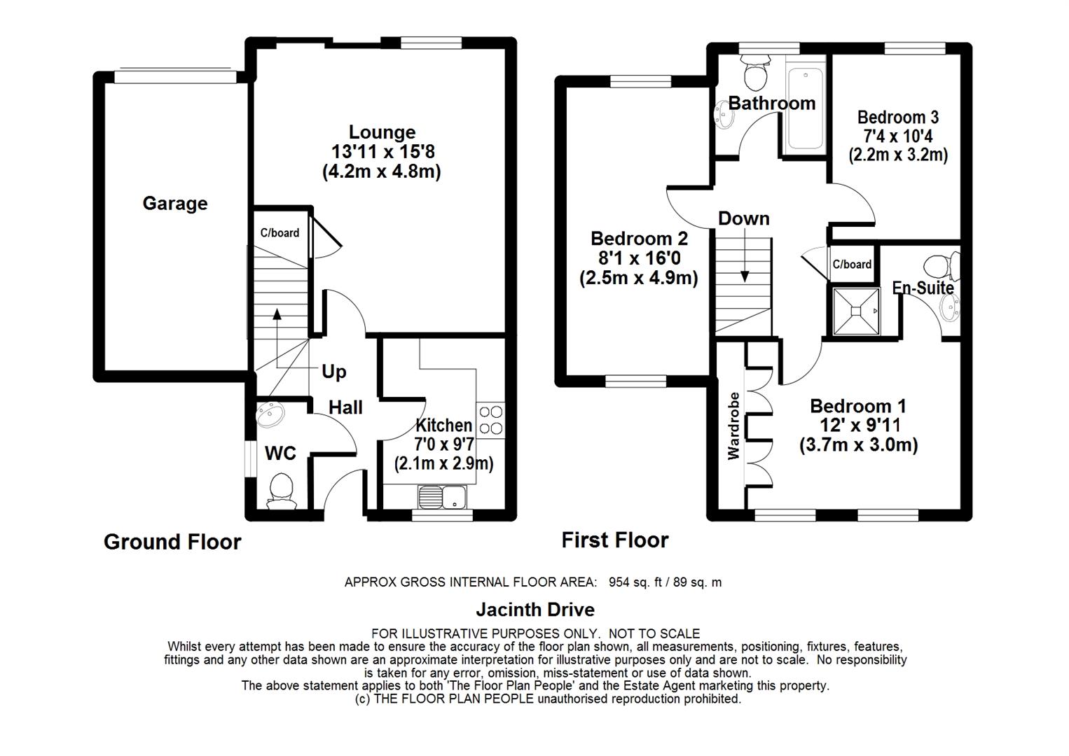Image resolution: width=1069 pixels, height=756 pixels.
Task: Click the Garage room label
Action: coord(175,204)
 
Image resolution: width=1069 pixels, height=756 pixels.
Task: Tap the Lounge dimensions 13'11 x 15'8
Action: coord(382,152)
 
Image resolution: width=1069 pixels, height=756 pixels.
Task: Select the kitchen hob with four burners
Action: coord(491,420)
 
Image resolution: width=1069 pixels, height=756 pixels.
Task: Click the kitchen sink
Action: coord(443,496)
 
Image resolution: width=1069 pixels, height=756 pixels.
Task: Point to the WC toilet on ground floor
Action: coord(281,490)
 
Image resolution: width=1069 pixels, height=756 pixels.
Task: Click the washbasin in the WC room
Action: coord(270,414)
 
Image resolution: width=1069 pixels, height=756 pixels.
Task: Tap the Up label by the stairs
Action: coord(334,372)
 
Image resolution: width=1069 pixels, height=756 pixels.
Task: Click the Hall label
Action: coord(346,407)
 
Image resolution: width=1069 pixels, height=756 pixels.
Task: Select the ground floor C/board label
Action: coord(280,233)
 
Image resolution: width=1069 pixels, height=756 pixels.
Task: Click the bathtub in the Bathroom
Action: coord(806,108)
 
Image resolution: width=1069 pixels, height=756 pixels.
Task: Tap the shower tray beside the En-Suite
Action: coord(856,311)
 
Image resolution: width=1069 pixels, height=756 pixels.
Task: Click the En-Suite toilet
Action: coord(942,266)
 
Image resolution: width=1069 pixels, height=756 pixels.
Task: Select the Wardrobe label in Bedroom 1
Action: coord(733,426)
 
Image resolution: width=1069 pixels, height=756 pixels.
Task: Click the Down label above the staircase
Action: coord(743,218)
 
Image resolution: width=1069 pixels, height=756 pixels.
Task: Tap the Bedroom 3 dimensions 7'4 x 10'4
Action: coord(898,136)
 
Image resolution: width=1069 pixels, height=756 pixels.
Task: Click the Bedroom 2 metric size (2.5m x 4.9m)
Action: coord(639,278)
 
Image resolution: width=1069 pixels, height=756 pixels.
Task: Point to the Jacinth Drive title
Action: coord(535,610)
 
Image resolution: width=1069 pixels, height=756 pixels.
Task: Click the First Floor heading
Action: coord(615,540)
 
